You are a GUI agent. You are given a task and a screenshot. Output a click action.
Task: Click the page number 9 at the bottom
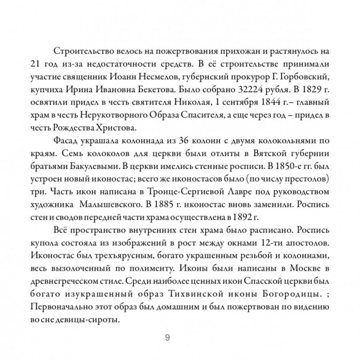[167, 337]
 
